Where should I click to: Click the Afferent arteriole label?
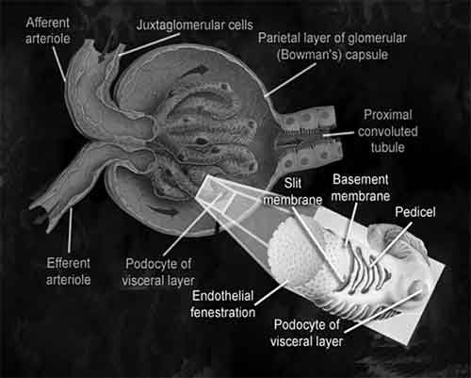pos(48,31)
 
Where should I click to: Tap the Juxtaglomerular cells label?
pos(195,25)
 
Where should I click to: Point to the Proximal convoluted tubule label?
pos(388,131)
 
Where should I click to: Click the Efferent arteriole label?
pos(69,271)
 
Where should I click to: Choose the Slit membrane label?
pos(293,191)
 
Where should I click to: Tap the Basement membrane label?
pos(361,188)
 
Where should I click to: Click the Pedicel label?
pos(415,212)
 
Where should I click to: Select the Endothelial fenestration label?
pos(222,304)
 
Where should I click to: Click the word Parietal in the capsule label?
pos(279,38)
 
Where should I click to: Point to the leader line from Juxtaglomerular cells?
pos(150,44)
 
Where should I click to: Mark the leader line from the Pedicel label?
pos(391,244)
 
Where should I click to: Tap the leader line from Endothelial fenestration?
pos(271,293)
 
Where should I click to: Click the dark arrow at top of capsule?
pos(195,71)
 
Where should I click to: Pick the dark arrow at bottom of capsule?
pos(163,210)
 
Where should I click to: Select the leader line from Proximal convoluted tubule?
pos(339,134)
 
